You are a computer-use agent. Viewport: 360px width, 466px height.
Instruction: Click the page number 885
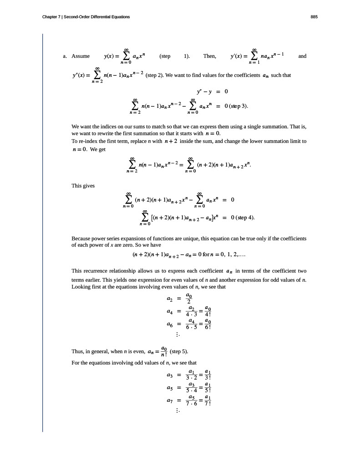(x=314, y=17)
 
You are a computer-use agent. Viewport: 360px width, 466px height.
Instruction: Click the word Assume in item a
(x=81, y=56)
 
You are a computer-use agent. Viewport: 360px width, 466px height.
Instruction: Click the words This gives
(x=83, y=186)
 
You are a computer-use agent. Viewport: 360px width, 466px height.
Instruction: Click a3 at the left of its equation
(x=169, y=376)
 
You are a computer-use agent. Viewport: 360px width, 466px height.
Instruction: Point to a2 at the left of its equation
(x=169, y=299)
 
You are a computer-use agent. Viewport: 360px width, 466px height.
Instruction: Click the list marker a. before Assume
(x=65, y=56)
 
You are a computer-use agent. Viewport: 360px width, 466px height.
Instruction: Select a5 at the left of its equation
(x=169, y=389)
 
